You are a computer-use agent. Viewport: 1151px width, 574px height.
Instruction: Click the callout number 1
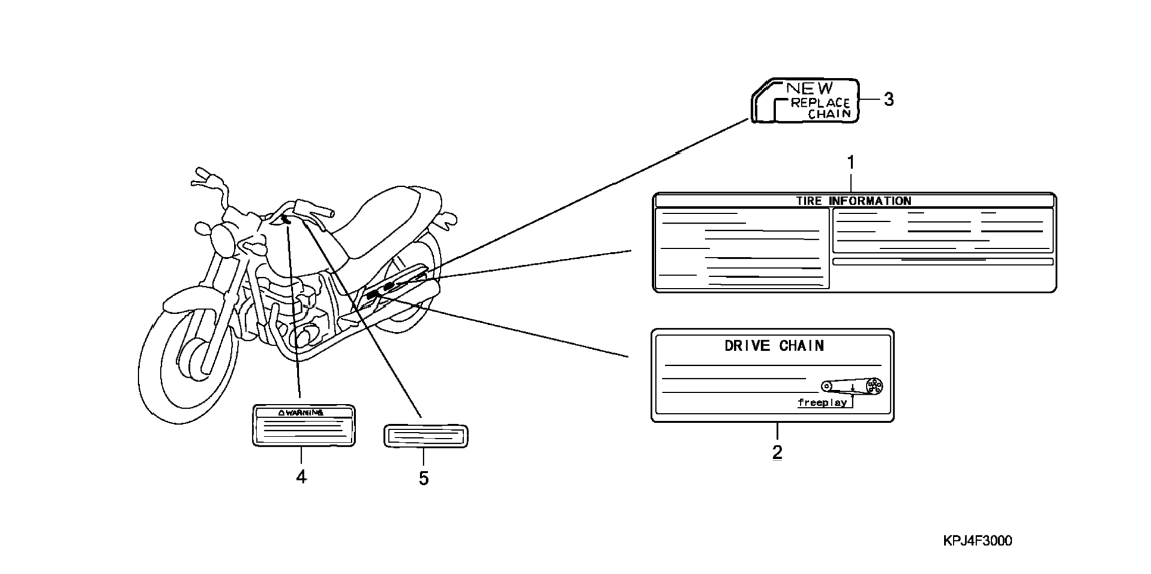pyautogui.click(x=851, y=162)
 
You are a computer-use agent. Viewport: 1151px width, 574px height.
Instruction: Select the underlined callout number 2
pyautogui.click(x=777, y=452)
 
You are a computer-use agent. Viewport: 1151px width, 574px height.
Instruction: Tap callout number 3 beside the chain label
pyautogui.click(x=889, y=99)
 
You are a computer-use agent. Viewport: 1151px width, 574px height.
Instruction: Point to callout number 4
pyautogui.click(x=301, y=476)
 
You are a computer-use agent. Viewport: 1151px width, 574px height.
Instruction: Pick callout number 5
pyautogui.click(x=424, y=478)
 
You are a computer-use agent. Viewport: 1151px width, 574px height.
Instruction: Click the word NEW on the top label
pyautogui.click(x=810, y=88)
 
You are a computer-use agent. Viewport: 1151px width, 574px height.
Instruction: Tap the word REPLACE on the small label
pyautogui.click(x=820, y=103)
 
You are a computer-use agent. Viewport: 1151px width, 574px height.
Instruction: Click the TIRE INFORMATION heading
pyautogui.click(x=854, y=201)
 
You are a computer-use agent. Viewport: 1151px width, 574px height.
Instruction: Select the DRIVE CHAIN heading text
pyautogui.click(x=774, y=346)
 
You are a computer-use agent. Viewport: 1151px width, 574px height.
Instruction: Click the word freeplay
pyautogui.click(x=822, y=403)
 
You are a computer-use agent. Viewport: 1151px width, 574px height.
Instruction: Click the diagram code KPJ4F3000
pyautogui.click(x=977, y=541)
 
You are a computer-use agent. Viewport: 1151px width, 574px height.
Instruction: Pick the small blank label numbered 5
pyautogui.click(x=426, y=436)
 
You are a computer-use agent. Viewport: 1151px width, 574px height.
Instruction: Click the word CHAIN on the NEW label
pyautogui.click(x=830, y=114)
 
